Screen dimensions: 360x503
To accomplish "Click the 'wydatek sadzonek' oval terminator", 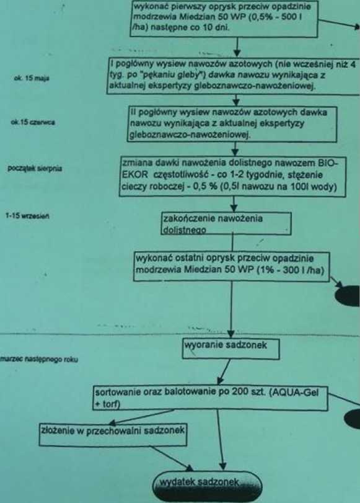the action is pos(207,486).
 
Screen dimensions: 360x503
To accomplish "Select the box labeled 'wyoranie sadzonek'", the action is pos(230,349).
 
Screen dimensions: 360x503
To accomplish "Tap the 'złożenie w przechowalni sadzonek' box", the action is pos(113,435).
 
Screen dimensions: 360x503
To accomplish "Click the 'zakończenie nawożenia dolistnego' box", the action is pos(227,223).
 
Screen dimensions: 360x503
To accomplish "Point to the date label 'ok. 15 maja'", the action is pos(32,78).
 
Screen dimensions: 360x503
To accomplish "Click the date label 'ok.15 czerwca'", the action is pos(33,122).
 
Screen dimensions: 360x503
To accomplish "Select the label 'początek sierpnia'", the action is pos(35,169).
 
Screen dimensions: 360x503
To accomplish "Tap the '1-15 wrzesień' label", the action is pos(27,216).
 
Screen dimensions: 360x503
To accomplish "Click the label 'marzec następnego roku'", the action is pos(39,359).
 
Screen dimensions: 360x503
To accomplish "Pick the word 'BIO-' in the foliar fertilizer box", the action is pos(327,163).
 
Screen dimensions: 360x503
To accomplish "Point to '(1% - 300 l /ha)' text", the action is pos(290,270).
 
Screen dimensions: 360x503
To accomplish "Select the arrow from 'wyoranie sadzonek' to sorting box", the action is pos(224,372).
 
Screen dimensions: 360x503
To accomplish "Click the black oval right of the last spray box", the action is pos(348,296).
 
